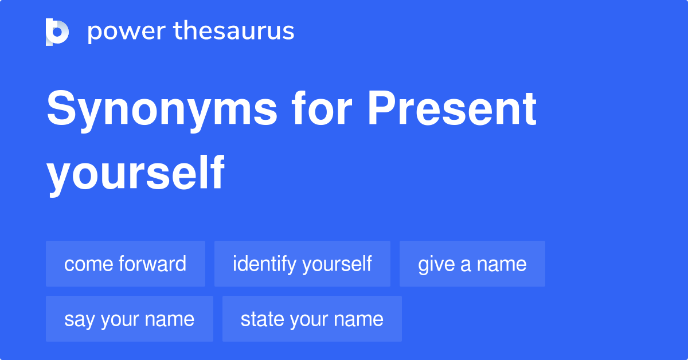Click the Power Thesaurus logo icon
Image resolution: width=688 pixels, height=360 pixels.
pos(57,32)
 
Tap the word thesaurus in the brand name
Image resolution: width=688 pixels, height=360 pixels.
pos(234,32)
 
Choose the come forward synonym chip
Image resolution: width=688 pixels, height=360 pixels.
pos(126,264)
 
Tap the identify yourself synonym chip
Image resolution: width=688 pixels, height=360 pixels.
pos(302,264)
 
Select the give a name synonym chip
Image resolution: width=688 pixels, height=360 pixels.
pos(472,264)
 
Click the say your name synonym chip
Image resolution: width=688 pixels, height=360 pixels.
pos(130,319)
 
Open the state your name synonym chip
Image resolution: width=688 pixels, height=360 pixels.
pos(312,319)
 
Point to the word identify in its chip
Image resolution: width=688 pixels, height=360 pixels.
pos(264,264)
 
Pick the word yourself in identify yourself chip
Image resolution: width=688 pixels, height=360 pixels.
pos(337,264)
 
